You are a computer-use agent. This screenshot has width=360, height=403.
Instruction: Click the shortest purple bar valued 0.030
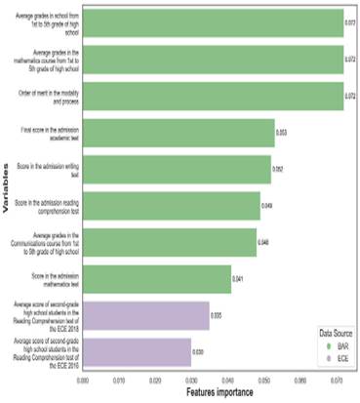point(137,350)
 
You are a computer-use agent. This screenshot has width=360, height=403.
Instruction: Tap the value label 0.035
point(217,315)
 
